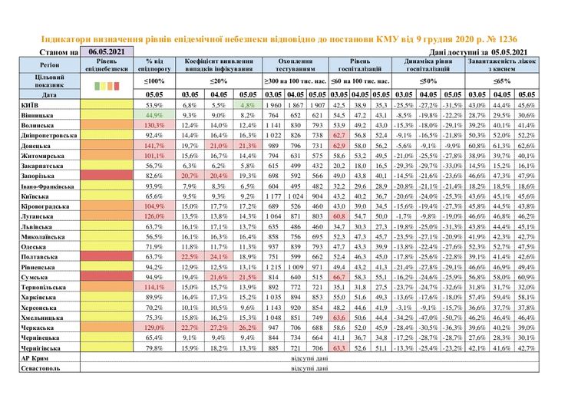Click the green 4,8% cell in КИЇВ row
246,104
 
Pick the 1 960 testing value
273,104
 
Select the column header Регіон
49,65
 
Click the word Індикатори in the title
66,38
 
